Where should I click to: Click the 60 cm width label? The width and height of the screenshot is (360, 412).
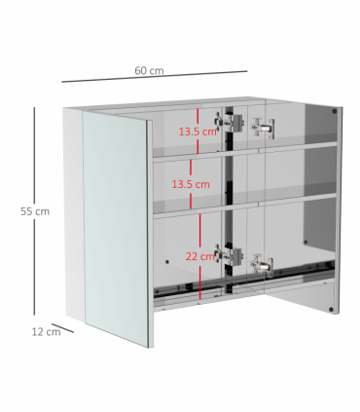149,70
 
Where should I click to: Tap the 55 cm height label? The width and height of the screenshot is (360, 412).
35,211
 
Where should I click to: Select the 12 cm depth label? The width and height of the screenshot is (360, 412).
46,332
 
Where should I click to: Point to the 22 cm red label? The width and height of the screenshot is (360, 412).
200,256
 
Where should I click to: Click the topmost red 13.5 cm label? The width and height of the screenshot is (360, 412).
198,131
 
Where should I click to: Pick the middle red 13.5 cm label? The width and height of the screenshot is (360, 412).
191,184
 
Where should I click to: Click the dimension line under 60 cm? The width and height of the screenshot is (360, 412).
155,76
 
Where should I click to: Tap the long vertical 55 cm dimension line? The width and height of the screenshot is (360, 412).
34,211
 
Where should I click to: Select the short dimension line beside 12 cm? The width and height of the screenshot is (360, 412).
62,328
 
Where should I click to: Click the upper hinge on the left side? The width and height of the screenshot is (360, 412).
229,122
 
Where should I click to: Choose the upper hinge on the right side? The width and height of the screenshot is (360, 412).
263,128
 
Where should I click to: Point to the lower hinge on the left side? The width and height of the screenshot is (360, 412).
229,254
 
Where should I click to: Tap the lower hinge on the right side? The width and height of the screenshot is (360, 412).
262,266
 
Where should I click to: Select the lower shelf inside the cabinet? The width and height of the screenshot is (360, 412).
245,204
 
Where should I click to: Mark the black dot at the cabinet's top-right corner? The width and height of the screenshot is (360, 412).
335,111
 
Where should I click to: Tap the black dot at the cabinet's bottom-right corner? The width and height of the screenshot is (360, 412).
331,310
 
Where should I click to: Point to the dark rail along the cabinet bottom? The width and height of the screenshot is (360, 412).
244,280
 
